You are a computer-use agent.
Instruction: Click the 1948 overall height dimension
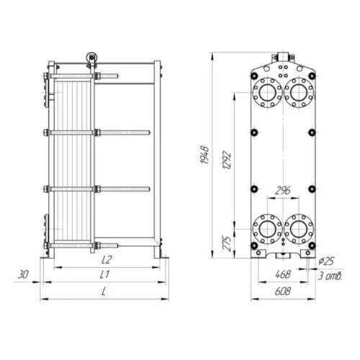point(204,155)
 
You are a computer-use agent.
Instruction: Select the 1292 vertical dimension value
point(227,160)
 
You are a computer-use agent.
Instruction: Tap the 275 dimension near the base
point(227,243)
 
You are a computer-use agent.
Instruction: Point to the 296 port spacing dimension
point(282,190)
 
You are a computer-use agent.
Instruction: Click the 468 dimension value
point(283,274)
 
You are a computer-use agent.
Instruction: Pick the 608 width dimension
point(282,291)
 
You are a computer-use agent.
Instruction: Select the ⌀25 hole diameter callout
point(326,261)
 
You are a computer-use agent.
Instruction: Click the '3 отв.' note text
point(330,276)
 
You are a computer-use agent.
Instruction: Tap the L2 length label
point(107,260)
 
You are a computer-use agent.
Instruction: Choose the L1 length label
point(104,274)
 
